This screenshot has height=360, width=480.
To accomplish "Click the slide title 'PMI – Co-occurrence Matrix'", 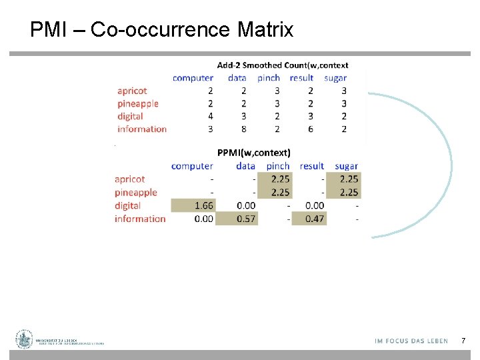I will [161, 30].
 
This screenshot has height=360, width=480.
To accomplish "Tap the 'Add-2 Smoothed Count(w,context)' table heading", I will [283, 65].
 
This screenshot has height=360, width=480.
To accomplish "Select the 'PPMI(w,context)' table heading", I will [253, 152].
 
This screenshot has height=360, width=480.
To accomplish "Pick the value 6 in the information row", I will [311, 129].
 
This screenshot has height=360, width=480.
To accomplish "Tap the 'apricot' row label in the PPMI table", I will [129, 179].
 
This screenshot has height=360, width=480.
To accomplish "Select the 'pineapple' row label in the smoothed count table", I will [138, 103].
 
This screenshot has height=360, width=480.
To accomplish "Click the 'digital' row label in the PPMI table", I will [127, 205].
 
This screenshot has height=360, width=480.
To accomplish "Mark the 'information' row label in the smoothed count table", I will [142, 129].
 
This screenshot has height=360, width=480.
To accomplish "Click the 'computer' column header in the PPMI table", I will [192, 165].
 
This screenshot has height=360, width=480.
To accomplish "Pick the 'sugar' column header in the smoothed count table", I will [335, 78].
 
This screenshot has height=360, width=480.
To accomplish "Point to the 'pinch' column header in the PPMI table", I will [278, 165].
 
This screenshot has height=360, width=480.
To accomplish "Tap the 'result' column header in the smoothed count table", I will [301, 78].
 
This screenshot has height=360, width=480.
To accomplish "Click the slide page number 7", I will [463, 341].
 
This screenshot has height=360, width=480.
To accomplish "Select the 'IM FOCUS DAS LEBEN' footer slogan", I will [411, 341].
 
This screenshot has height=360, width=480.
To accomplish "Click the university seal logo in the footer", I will [25, 339].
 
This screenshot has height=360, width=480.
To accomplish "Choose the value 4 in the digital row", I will [211, 116].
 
